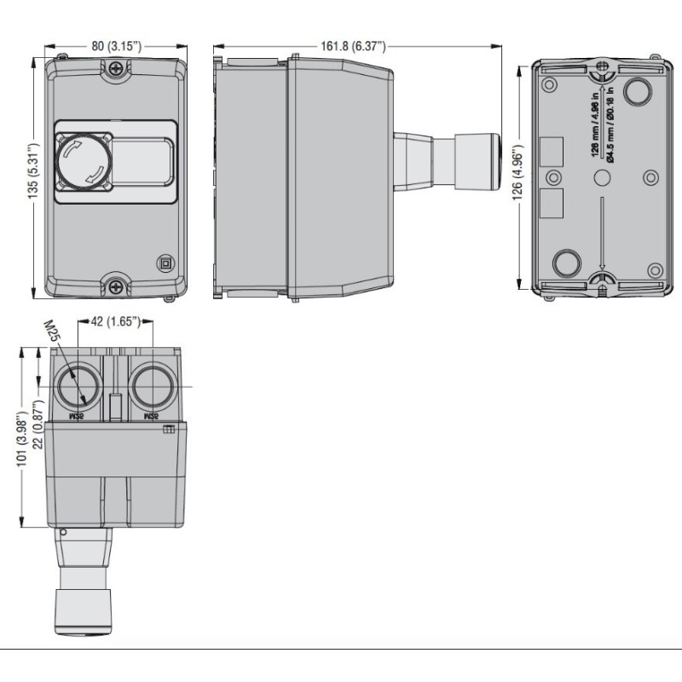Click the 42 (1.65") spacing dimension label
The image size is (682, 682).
(x=114, y=322)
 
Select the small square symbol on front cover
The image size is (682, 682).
(x=165, y=263)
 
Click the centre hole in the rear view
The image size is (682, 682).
(x=602, y=176)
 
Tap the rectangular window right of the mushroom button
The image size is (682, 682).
(x=142, y=161)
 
